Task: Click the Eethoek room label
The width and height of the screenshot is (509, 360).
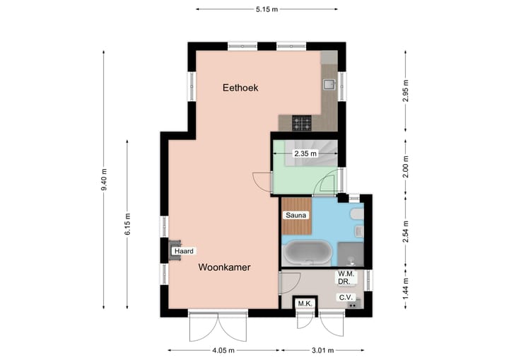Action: [x=240, y=88]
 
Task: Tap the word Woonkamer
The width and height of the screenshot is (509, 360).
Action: [x=224, y=267]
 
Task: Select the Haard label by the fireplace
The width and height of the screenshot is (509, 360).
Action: [x=184, y=251]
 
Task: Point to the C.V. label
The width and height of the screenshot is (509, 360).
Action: [x=345, y=298]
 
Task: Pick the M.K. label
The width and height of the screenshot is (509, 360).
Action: [x=305, y=304]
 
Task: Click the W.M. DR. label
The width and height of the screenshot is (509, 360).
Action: [x=345, y=278]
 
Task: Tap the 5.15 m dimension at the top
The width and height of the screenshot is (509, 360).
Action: [x=267, y=8]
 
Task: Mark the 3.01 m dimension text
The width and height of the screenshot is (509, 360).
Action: [x=322, y=350]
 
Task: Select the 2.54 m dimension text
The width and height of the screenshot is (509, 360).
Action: [x=405, y=231]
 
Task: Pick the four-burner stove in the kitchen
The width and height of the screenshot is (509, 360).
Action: [x=303, y=124]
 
